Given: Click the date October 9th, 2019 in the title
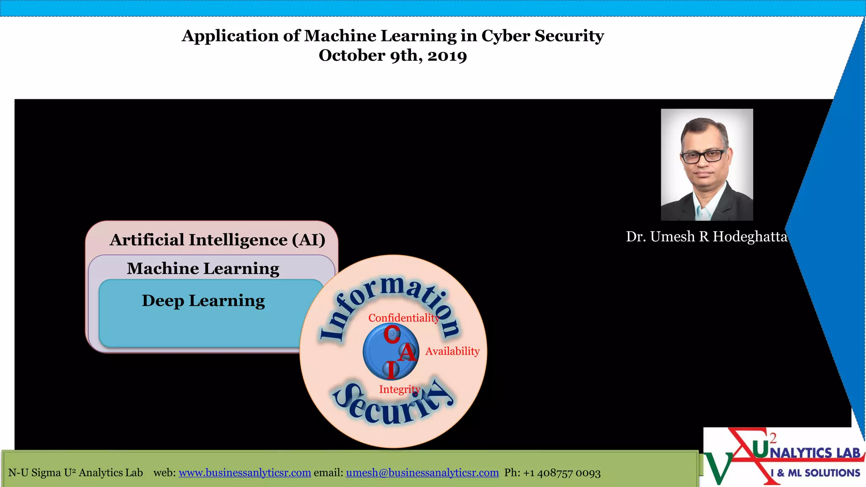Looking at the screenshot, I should pyautogui.click(x=392, y=55).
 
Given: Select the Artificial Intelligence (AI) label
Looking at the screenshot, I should pyautogui.click(x=217, y=240).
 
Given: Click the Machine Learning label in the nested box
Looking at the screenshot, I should pyautogui.click(x=203, y=268).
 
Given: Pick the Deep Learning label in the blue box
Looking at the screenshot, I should pyautogui.click(x=203, y=301).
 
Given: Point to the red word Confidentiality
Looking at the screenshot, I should pyautogui.click(x=404, y=318).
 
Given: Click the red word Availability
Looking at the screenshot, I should pyautogui.click(x=452, y=351).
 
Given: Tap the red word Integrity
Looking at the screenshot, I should pyautogui.click(x=400, y=389).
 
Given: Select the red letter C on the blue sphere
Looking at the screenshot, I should pyautogui.click(x=392, y=334).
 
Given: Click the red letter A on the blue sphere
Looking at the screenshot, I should pyautogui.click(x=407, y=352).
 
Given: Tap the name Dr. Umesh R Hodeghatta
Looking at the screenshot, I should pyautogui.click(x=707, y=236).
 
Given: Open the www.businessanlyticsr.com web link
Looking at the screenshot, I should pyautogui.click(x=245, y=473).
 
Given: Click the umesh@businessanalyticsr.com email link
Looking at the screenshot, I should pyautogui.click(x=422, y=473).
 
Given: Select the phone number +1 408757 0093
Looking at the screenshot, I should pyautogui.click(x=562, y=473).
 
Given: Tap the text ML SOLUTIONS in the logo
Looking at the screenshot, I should pyautogui.click(x=824, y=473).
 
